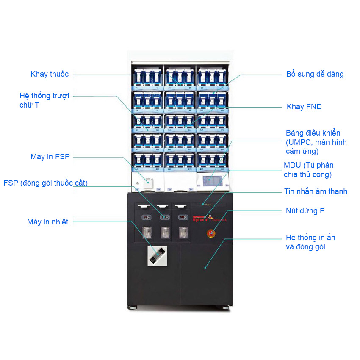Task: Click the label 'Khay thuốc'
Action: point(50,74)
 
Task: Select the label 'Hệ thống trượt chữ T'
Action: point(44,100)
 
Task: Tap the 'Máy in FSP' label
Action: point(50,157)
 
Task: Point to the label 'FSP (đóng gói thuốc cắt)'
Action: point(45,183)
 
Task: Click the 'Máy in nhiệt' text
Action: point(47,222)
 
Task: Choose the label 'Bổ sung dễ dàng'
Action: point(315,74)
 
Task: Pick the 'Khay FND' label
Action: point(304,107)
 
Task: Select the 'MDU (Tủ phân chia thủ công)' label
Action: point(308,170)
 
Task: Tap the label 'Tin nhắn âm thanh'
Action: point(316,191)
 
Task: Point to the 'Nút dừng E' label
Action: point(305,210)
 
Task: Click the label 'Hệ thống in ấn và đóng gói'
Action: point(310,242)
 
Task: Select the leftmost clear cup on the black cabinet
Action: point(146,232)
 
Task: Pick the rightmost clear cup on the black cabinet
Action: point(183,232)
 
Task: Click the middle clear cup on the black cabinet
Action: point(164,232)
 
